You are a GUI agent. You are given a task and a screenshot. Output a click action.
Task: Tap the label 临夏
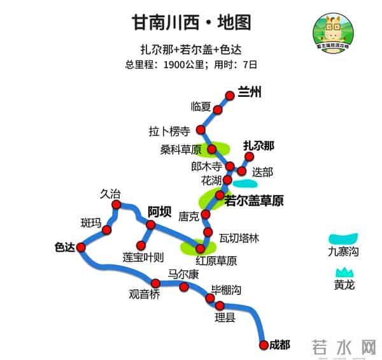pos(201,106)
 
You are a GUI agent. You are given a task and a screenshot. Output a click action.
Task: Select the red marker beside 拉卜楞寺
pos(201,131)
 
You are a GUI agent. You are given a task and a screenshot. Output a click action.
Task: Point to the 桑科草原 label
pos(181,150)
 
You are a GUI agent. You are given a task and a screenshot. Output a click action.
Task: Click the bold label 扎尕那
pos(258,146)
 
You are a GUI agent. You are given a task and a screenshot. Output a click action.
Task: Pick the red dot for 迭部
pos(241,171)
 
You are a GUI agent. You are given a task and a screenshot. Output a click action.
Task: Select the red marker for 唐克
pos(206,214)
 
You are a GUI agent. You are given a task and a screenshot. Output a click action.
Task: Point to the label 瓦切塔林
pos(239,238)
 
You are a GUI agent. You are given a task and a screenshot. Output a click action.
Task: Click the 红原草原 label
pos(216,261)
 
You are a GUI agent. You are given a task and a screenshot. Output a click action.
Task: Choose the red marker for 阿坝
pos(151,226)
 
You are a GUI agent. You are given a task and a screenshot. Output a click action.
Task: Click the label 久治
pos(110,194)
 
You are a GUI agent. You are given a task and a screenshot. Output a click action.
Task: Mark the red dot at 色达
pos(81,248)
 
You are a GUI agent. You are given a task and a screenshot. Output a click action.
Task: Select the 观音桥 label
pos(145,294)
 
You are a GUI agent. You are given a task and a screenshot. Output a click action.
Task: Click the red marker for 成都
pos(264,345)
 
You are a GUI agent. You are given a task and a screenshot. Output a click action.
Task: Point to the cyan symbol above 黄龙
pos(344,272)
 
